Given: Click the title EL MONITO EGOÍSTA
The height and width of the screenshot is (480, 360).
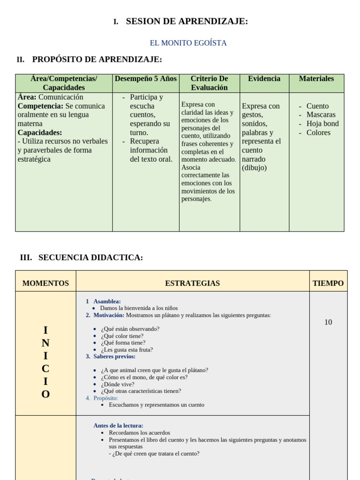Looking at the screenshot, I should point(188,43).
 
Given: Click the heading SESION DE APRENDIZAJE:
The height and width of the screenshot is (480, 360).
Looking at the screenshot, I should point(187,21).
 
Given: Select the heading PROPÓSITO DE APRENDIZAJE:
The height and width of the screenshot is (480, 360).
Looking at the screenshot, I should point(97,60).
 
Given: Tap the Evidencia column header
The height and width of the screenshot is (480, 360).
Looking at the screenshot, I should point(264,79).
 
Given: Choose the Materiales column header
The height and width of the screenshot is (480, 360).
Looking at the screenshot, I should point(316,79).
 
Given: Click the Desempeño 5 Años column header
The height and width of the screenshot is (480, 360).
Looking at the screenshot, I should point(146,79).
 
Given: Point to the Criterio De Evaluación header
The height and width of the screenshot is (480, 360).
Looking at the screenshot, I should point(209,83).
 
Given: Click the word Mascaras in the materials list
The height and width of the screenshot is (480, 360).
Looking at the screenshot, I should point(321,115).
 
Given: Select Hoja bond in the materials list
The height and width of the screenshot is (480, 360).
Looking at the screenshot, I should point(322,124).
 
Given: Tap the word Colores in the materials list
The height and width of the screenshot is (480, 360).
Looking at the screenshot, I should point(318,133).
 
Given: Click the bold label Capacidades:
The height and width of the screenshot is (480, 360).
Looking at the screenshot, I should point(40,133).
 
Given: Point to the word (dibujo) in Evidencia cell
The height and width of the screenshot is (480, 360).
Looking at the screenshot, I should point(254,168).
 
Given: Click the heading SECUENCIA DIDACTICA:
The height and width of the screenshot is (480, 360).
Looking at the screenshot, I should point(90,257).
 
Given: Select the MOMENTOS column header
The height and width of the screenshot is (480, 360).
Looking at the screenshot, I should point(45,284).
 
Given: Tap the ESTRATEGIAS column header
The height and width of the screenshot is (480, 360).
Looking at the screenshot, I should point(192,284).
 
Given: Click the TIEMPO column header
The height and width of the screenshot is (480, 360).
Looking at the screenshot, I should point(328,284).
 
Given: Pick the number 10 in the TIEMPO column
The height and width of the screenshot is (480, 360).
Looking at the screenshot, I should point(328,322).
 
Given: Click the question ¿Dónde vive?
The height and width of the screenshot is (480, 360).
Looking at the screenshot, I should point(117,384).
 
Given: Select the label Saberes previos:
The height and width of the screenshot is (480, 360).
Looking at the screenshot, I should point(114,357).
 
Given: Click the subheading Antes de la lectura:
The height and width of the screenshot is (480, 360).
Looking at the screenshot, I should point(118,426).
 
